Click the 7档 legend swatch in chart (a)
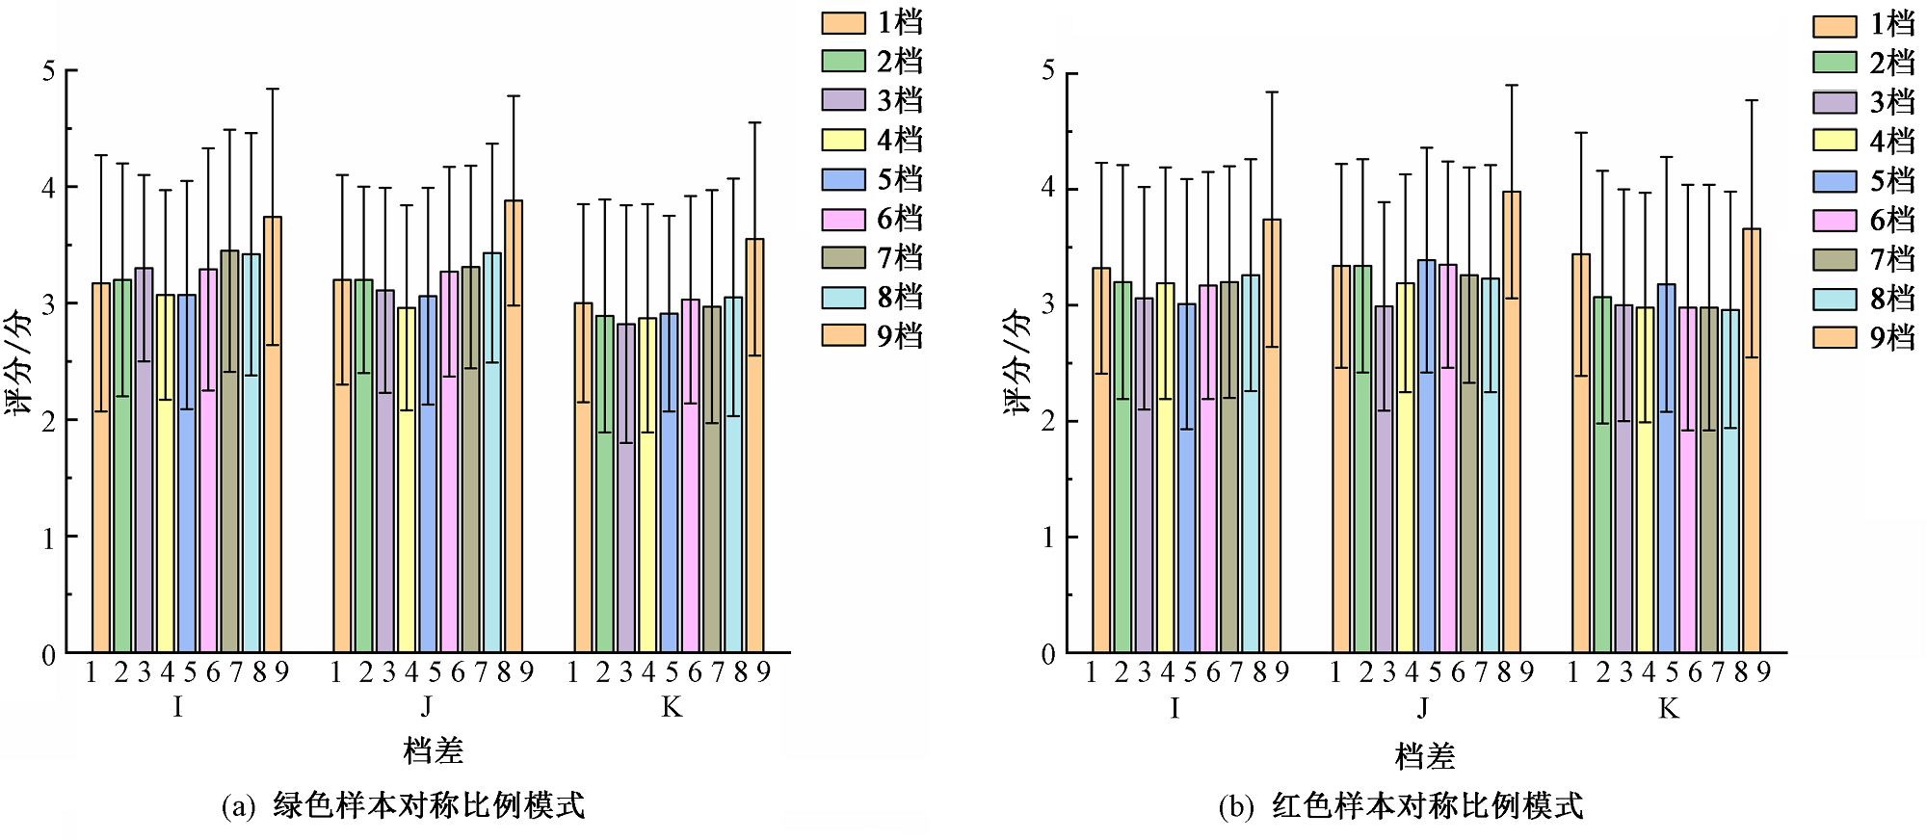(843, 257)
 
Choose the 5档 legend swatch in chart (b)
(1834, 181)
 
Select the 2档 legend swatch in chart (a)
(843, 61)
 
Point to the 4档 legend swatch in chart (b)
(1834, 141)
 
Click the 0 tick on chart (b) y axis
(1048, 655)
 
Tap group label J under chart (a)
(427, 708)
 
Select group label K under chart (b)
(1668, 710)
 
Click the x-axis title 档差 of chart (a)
(433, 751)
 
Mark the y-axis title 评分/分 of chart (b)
(1017, 361)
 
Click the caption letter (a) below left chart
(238, 806)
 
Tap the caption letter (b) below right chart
(1235, 806)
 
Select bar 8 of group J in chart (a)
(492, 453)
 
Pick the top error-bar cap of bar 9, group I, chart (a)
(273, 89)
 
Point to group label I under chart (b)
(1175, 710)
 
